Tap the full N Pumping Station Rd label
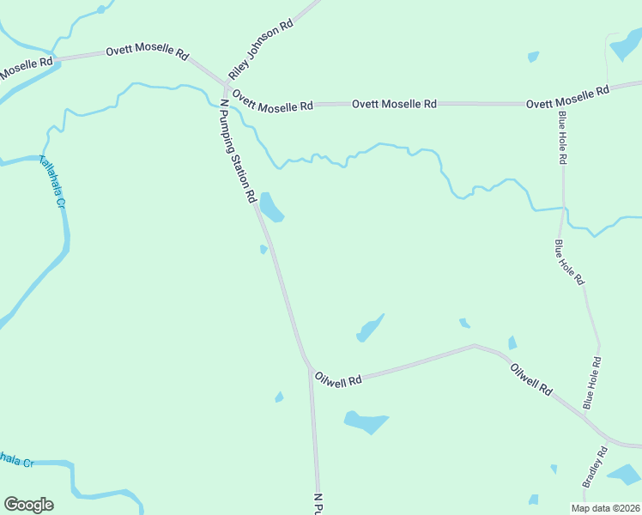[238, 151]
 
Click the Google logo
[28, 505]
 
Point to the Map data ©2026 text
[606, 508]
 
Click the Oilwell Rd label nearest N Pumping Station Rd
[338, 379]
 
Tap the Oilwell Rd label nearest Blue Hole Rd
[531, 379]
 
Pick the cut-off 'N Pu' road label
[317, 504]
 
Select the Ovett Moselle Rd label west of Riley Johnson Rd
[147, 51]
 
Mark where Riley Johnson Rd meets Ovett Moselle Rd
[226, 84]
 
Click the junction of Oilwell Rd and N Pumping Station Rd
[310, 367]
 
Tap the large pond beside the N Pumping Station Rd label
[271, 207]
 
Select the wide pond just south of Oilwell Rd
[365, 421]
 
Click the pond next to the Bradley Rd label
[624, 473]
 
